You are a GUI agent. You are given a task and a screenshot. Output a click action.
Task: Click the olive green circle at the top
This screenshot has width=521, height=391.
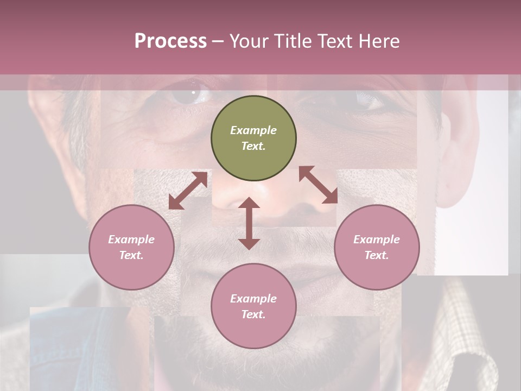coord(253,138)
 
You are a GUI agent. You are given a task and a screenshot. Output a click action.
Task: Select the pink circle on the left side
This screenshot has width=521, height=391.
coord(131,247)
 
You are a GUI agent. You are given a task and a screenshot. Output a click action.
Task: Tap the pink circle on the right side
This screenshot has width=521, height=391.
coord(377,247)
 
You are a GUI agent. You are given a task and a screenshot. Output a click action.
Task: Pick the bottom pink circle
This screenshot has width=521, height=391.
coord(253,306)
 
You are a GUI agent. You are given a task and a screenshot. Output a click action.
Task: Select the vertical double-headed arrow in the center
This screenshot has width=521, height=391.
coord(249,223)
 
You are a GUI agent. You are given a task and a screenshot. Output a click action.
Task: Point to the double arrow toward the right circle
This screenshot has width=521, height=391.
coord(318,185)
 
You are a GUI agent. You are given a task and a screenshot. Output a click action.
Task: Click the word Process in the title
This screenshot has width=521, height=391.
coord(170,41)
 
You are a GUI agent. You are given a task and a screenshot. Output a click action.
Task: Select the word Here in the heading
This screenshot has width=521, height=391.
coord(378,41)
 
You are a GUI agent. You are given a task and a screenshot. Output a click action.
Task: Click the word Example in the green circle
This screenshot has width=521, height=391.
coord(253,130)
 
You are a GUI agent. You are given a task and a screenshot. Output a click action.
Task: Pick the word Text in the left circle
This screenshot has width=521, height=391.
coord(131,255)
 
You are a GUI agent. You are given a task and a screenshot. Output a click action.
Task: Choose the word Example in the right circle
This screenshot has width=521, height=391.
coord(377,239)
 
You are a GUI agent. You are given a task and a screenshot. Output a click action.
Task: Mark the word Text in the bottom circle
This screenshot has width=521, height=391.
coord(253,314)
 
